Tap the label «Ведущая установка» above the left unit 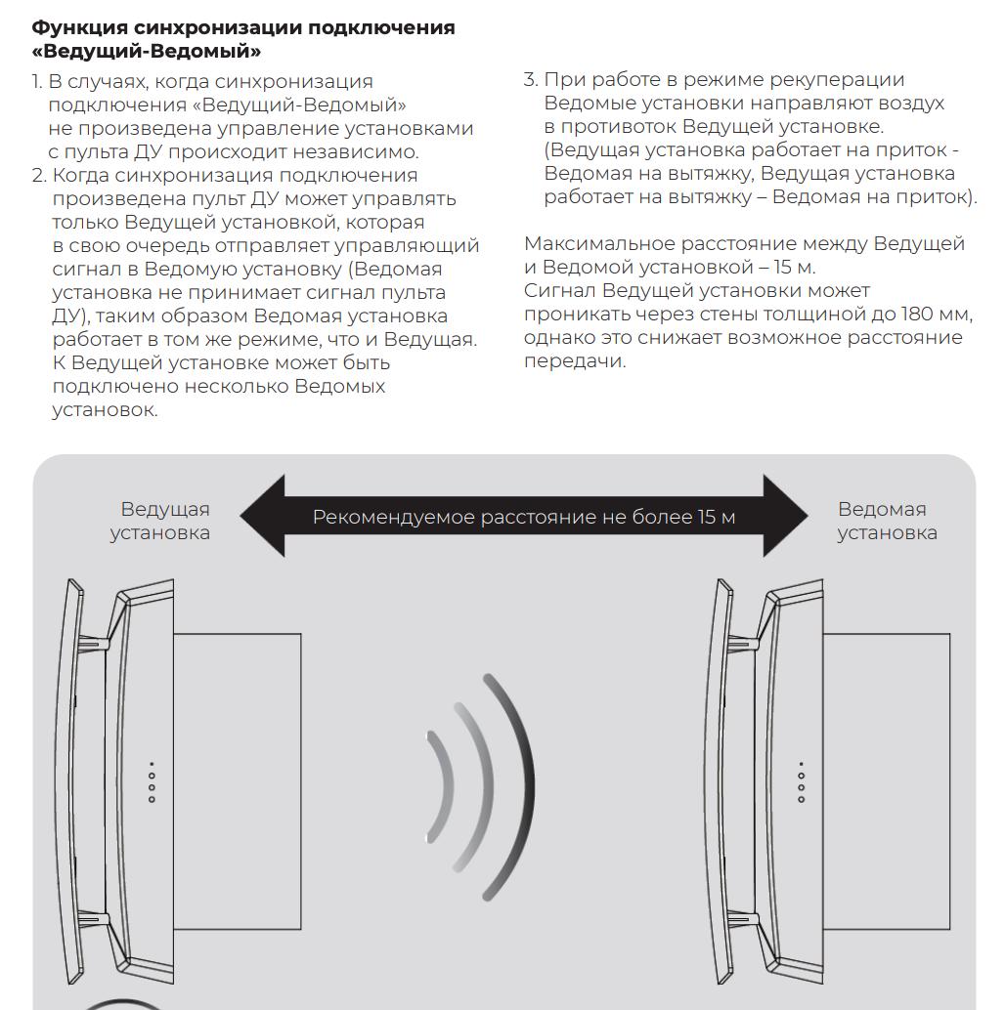pyautogui.click(x=160, y=521)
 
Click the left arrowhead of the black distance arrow pyautogui.click(x=263, y=516)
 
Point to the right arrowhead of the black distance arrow pyautogui.click(x=785, y=516)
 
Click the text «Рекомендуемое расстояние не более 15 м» pyautogui.click(x=523, y=517)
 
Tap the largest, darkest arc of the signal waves pyautogui.click(x=519, y=786)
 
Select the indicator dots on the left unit pyautogui.click(x=152, y=782)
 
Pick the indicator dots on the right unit pyautogui.click(x=802, y=782)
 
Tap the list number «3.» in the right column pyautogui.click(x=531, y=79)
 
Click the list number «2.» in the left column pyautogui.click(x=39, y=175)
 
